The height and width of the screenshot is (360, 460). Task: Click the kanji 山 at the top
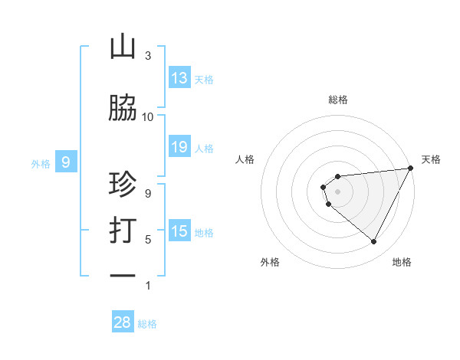[x=123, y=47]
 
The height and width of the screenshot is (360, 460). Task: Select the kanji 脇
[x=123, y=109]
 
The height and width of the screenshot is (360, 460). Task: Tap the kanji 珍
[x=123, y=186]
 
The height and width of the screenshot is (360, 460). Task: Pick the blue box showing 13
[x=179, y=78]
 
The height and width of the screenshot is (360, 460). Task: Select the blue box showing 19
[x=179, y=147]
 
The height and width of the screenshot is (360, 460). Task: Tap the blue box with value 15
[x=179, y=231]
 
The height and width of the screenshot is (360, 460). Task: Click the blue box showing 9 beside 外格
[x=66, y=162]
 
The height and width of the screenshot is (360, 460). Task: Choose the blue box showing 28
[x=123, y=322]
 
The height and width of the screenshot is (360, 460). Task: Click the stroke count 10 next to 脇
[x=148, y=117]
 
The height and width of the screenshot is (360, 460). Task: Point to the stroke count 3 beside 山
[x=148, y=56]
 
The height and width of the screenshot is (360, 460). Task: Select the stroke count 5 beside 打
[x=148, y=240]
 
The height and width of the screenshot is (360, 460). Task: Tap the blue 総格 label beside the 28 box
[x=147, y=324]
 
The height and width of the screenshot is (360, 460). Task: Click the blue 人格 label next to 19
[x=204, y=148]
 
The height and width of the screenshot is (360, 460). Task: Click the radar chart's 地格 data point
[x=374, y=242]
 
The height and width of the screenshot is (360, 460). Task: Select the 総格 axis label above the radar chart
[x=337, y=100]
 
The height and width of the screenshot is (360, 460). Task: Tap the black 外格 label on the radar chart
[x=270, y=262]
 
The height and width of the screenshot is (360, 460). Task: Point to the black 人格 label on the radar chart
[x=245, y=159]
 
